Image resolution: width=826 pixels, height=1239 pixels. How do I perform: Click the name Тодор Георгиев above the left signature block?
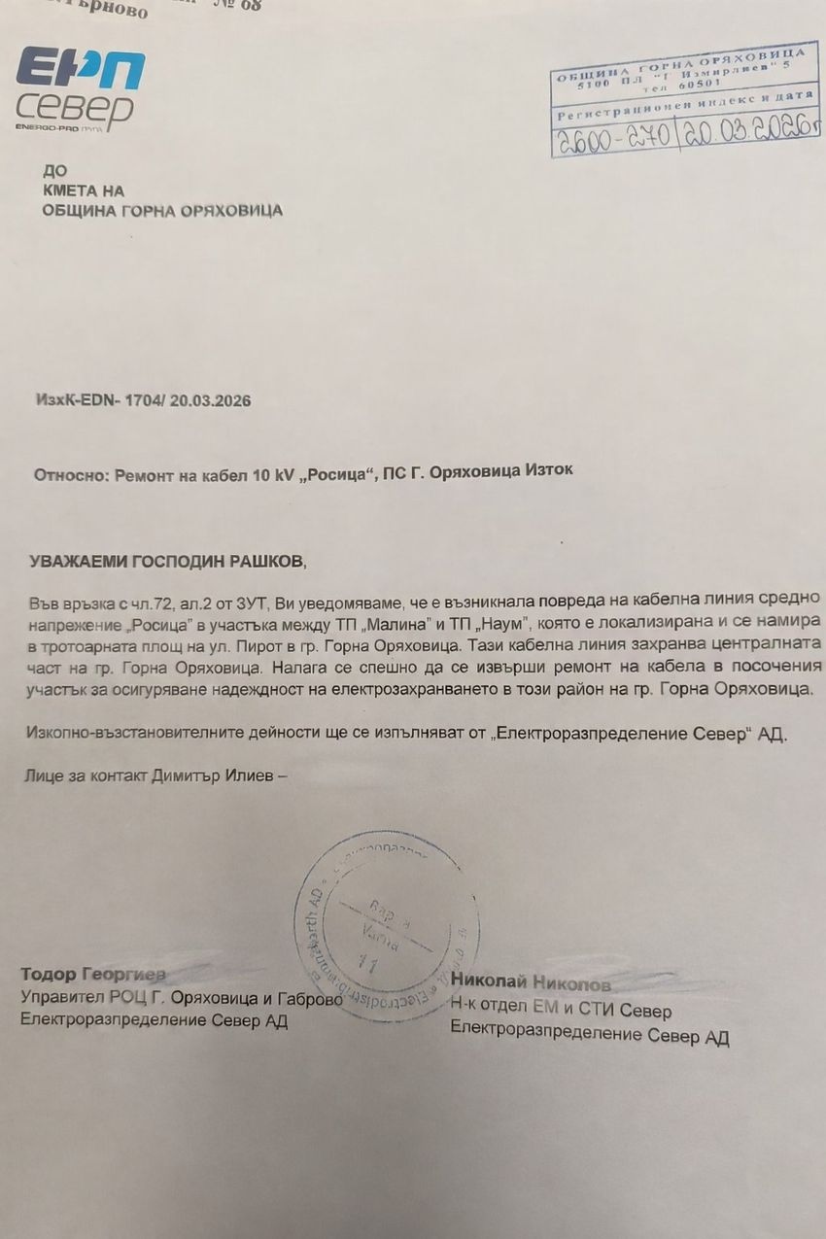[93, 974]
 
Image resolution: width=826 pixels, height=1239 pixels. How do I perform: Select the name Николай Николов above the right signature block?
[531, 982]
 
